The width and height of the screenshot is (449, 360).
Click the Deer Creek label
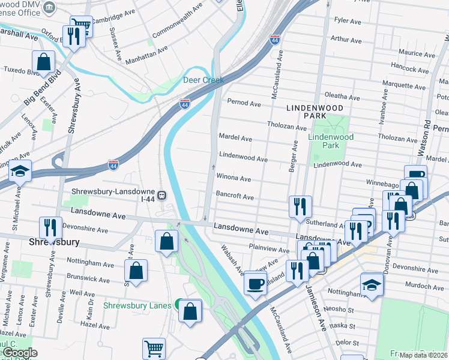point(203,80)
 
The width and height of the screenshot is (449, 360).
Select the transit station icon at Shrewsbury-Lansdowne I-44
point(162,195)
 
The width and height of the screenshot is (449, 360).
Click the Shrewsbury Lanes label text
point(137,305)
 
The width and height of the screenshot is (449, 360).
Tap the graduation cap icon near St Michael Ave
point(20,172)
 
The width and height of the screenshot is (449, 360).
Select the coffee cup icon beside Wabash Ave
point(256,283)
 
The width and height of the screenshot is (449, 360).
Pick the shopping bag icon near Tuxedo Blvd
point(43,61)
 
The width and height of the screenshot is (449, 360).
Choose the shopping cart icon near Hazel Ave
point(154,348)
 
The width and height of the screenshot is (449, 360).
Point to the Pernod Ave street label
point(244,104)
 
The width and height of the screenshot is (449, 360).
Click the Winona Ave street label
point(234,178)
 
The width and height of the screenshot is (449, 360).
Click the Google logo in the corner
point(19,353)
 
